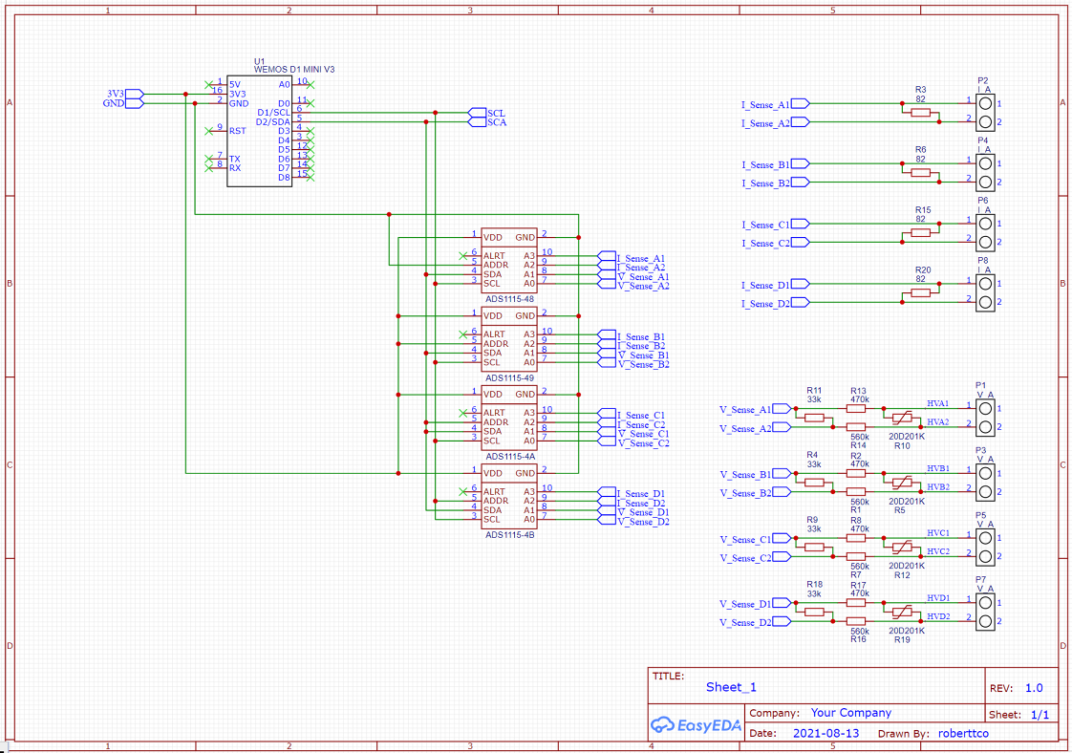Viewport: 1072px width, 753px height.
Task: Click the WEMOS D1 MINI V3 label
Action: pos(293,70)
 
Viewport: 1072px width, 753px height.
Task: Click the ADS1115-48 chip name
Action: pos(509,299)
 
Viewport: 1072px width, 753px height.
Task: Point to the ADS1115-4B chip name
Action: pos(509,535)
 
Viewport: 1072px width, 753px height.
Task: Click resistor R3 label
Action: pos(920,89)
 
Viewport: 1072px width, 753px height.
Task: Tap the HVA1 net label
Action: pos(937,404)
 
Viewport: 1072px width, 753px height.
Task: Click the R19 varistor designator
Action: pos(902,639)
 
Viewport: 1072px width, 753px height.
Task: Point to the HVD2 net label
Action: pos(937,617)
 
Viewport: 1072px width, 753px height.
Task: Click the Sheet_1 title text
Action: pos(731,687)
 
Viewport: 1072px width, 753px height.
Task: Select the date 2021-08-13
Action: pos(825,734)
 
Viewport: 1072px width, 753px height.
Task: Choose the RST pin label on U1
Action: pos(237,131)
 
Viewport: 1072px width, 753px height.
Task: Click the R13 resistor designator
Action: pos(858,390)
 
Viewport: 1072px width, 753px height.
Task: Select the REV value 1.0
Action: pos(1034,688)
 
